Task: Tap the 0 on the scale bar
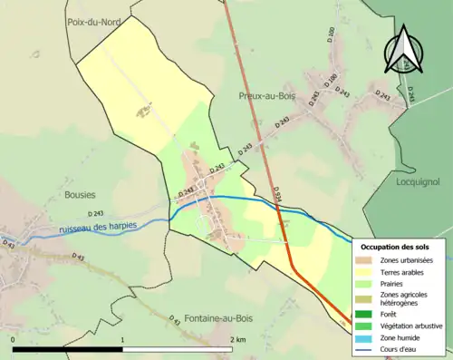[x=14, y=339]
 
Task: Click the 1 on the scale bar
[x=122, y=339]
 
